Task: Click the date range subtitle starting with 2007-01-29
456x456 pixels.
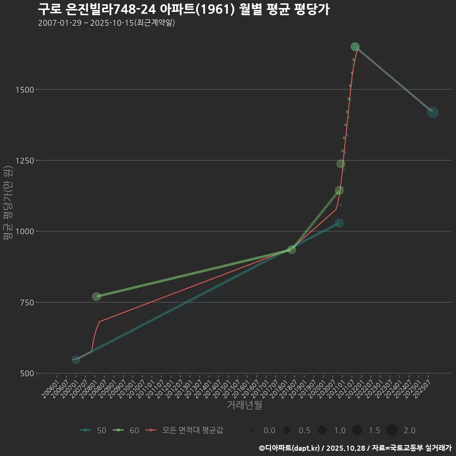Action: (x=106, y=23)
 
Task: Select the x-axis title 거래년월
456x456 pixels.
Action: (x=244, y=405)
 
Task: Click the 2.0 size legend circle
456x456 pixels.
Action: (x=392, y=430)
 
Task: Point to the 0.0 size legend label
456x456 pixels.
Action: (x=269, y=430)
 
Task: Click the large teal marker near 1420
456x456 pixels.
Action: (x=433, y=112)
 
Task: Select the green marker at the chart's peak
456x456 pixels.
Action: (x=355, y=47)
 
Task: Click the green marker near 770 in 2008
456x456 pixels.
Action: (x=96, y=296)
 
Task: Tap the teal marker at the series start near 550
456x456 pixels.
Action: (x=76, y=360)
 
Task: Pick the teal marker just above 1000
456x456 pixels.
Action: (x=339, y=223)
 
